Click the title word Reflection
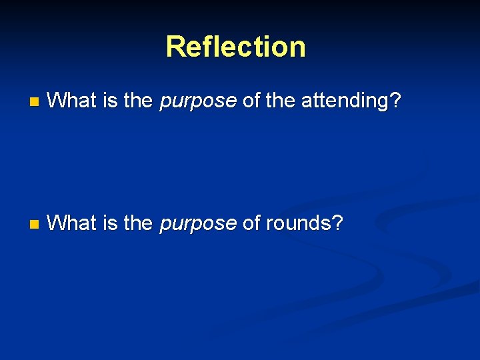[236, 47]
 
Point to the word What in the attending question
[73, 101]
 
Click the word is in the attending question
[111, 101]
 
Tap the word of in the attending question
[252, 101]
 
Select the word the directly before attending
[280, 101]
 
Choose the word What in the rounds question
[73, 223]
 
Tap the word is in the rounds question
[111, 223]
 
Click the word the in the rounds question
[138, 223]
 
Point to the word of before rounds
[252, 223]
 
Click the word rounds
[298, 223]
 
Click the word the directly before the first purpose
[138, 101]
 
